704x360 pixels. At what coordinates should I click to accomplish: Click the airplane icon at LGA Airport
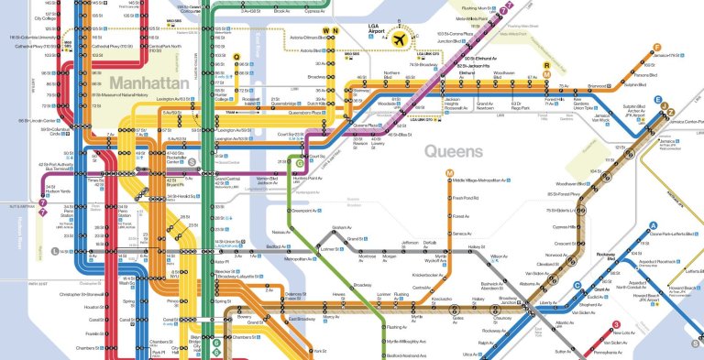[x=400, y=40]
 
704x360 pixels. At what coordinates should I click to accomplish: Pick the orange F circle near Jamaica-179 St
[x=656, y=48]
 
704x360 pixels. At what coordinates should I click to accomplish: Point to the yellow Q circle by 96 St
[x=236, y=57]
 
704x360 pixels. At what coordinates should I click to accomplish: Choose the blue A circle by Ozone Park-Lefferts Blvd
[x=653, y=225]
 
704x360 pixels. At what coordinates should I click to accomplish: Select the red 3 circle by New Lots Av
[x=616, y=323]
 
